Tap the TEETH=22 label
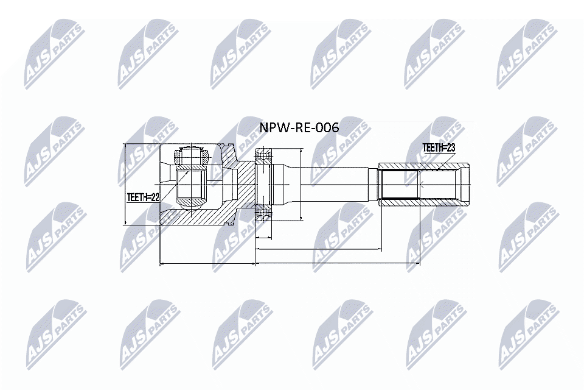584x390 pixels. tap(143, 197)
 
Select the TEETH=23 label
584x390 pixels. tap(439, 147)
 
